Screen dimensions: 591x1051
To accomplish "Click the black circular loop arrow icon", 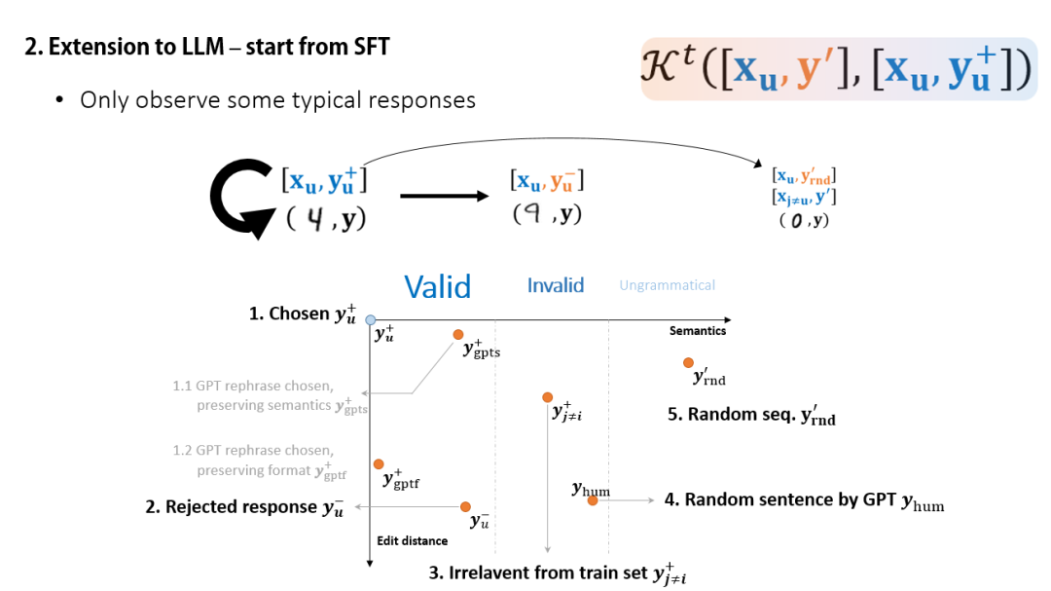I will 239,200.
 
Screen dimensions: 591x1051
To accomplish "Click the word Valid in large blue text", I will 437,286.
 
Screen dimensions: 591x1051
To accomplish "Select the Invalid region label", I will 556,285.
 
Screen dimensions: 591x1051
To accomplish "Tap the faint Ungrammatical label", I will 667,285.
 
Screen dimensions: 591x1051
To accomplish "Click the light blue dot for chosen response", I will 371,319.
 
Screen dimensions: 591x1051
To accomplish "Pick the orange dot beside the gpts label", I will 457,335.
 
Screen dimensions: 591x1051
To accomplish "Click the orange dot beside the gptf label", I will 379,464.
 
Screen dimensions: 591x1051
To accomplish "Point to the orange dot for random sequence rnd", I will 688,363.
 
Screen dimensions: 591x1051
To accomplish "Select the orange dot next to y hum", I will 592,500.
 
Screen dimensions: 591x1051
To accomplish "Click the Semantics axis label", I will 698,331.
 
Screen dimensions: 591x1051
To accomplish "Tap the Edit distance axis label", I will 413,540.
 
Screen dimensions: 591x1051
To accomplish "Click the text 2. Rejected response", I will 244,507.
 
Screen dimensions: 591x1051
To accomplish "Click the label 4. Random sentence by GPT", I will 804,500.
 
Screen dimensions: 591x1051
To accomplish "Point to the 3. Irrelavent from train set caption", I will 550,573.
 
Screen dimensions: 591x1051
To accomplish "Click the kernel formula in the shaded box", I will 838,69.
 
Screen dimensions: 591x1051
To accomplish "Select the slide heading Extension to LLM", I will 207,46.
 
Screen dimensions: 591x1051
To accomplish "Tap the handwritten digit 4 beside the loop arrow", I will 314,220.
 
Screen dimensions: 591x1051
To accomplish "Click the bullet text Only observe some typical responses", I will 277,99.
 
